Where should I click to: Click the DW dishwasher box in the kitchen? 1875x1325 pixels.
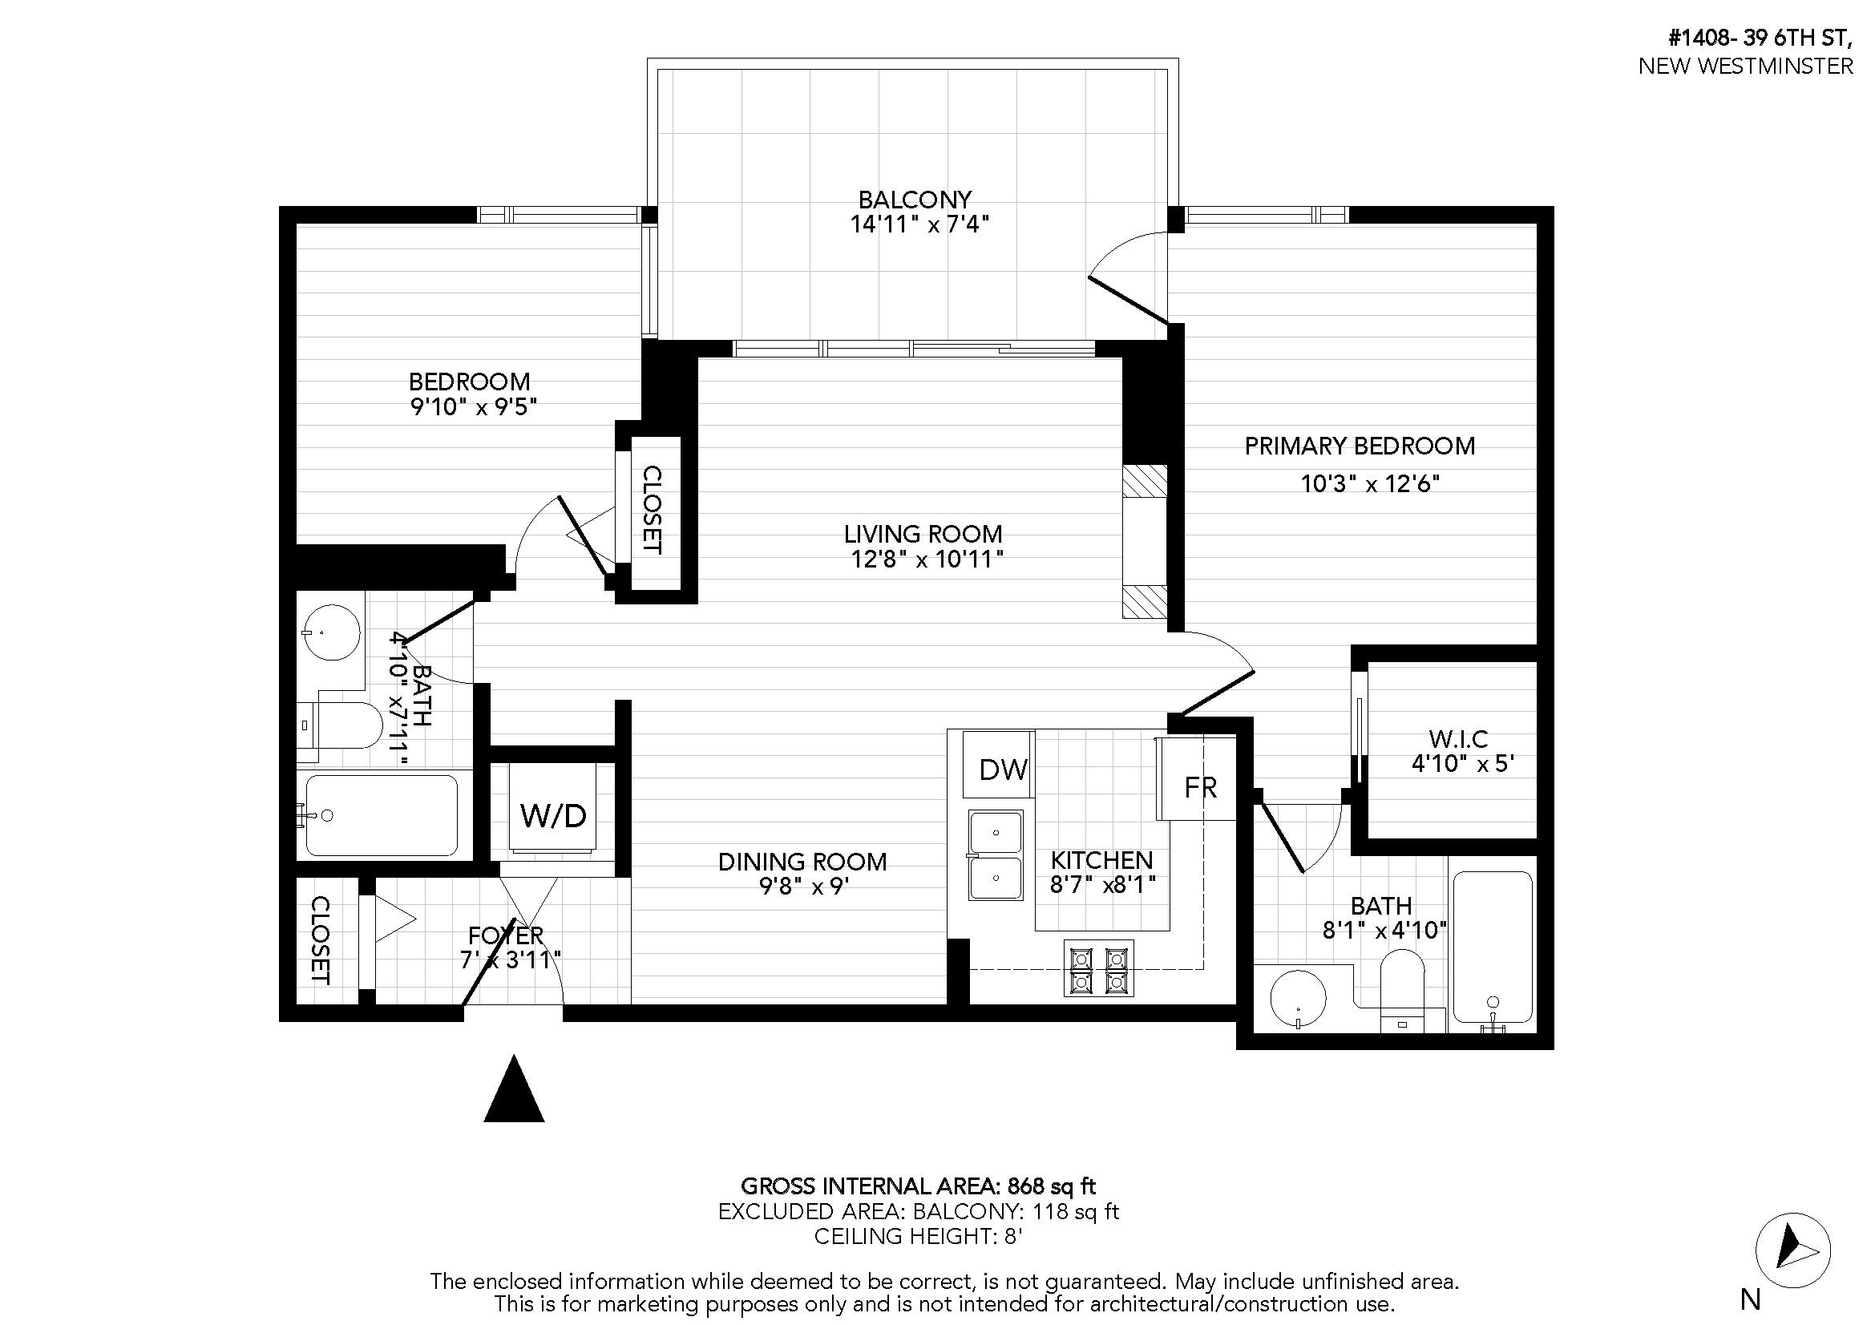[x=998, y=764]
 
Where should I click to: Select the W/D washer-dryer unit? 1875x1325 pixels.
[x=553, y=808]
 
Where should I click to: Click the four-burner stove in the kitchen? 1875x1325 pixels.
[x=1098, y=968]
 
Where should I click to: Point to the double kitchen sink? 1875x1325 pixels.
[x=996, y=854]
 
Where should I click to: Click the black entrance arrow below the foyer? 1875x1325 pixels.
[x=514, y=1089]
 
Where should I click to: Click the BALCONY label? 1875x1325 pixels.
[x=915, y=200]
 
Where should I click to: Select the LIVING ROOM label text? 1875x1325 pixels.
[x=923, y=534]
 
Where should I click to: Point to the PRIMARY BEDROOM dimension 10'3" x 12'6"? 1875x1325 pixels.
[x=1369, y=484]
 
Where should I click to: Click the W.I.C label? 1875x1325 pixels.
[x=1458, y=739]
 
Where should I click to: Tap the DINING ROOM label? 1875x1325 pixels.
[x=802, y=862]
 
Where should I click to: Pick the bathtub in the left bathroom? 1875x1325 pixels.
[x=382, y=814]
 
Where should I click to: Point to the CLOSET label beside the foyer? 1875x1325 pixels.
[x=320, y=939]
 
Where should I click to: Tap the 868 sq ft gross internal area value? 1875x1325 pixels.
[x=1051, y=1186]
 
